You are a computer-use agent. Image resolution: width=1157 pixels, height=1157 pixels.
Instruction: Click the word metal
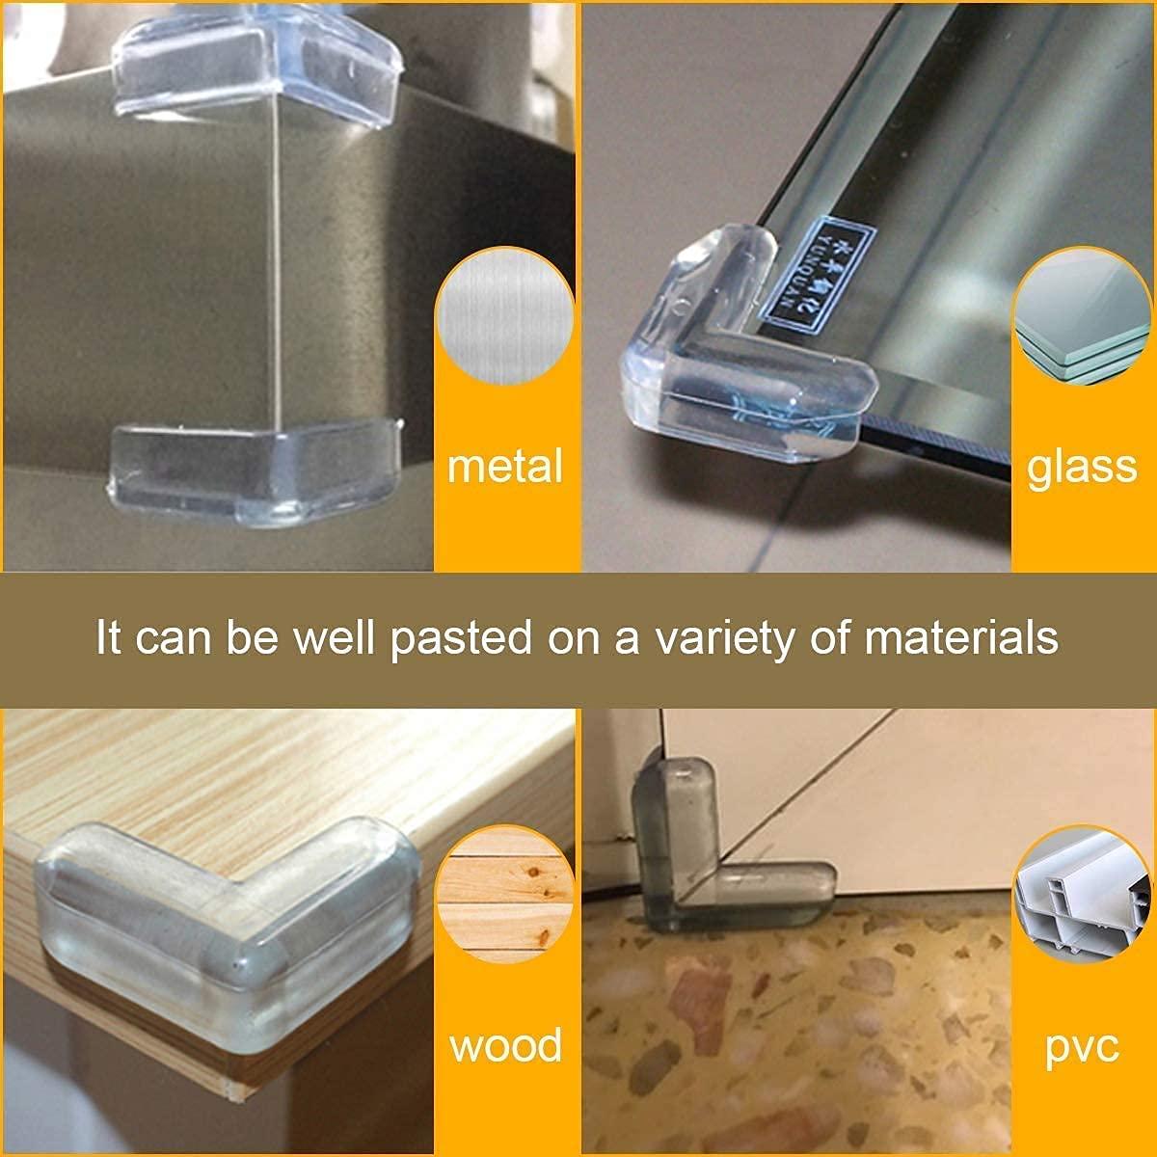click(505, 466)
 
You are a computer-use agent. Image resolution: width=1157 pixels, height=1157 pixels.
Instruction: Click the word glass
click(1082, 466)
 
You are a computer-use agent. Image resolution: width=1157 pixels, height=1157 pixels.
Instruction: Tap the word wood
click(505, 1045)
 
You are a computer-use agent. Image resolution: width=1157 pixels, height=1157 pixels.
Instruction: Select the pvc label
click(1082, 1045)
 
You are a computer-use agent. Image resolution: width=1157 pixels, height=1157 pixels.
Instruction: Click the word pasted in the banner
click(462, 639)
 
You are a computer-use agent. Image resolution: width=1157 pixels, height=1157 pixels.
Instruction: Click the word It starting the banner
click(108, 637)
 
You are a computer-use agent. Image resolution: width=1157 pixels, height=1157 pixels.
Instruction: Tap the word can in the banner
click(173, 639)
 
